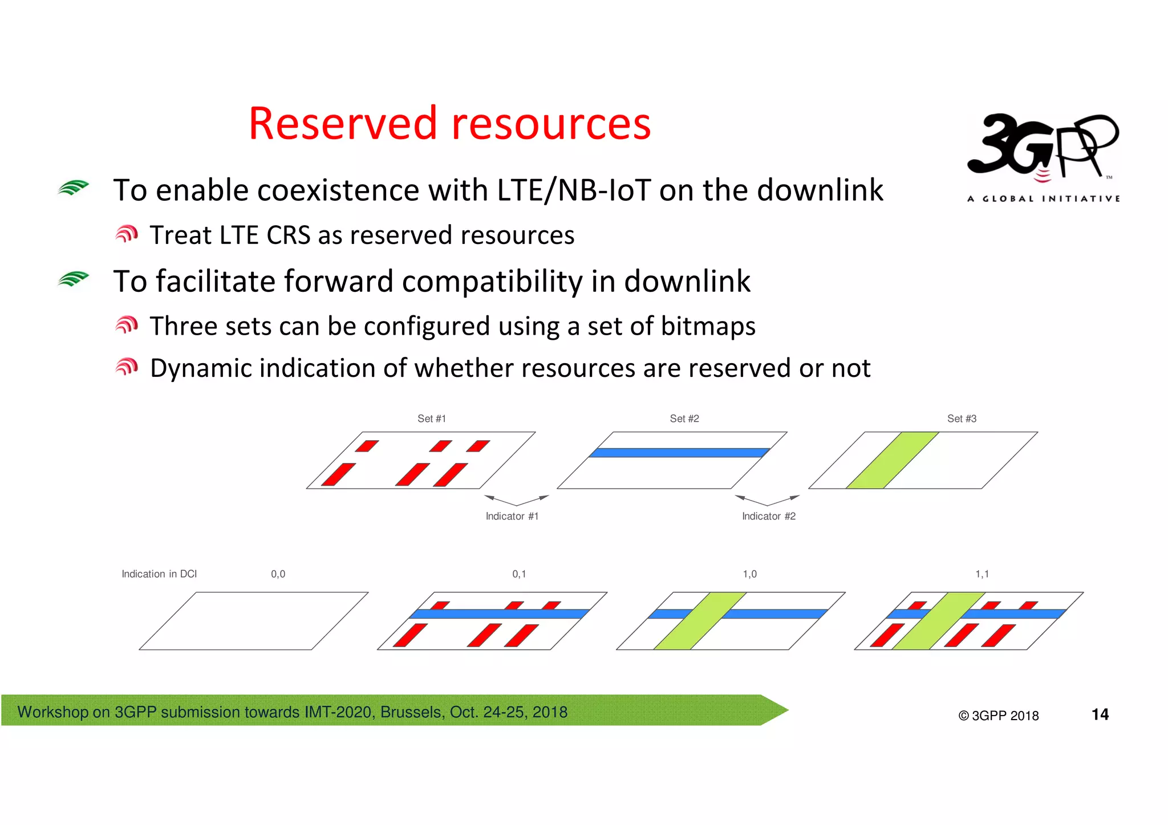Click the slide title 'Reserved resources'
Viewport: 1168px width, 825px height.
[449, 124]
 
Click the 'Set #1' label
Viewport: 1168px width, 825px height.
[432, 418]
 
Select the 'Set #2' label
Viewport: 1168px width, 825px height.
[684, 418]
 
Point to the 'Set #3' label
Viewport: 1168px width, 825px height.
[962, 418]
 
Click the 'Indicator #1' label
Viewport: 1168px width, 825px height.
[512, 516]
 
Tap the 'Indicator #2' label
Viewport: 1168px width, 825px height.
[768, 516]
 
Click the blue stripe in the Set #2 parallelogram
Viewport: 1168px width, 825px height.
[679, 453]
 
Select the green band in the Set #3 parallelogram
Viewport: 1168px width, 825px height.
[893, 460]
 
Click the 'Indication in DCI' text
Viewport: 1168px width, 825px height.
[159, 574]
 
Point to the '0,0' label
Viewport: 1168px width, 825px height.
[278, 574]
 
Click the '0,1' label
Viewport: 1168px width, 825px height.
[519, 574]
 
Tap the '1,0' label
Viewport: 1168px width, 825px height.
[749, 574]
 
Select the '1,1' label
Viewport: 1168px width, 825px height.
[982, 574]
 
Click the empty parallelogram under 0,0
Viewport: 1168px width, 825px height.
[254, 621]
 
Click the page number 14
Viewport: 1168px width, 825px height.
[1100, 714]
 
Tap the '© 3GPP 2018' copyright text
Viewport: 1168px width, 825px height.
[998, 716]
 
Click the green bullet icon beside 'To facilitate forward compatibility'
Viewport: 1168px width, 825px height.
[74, 279]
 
